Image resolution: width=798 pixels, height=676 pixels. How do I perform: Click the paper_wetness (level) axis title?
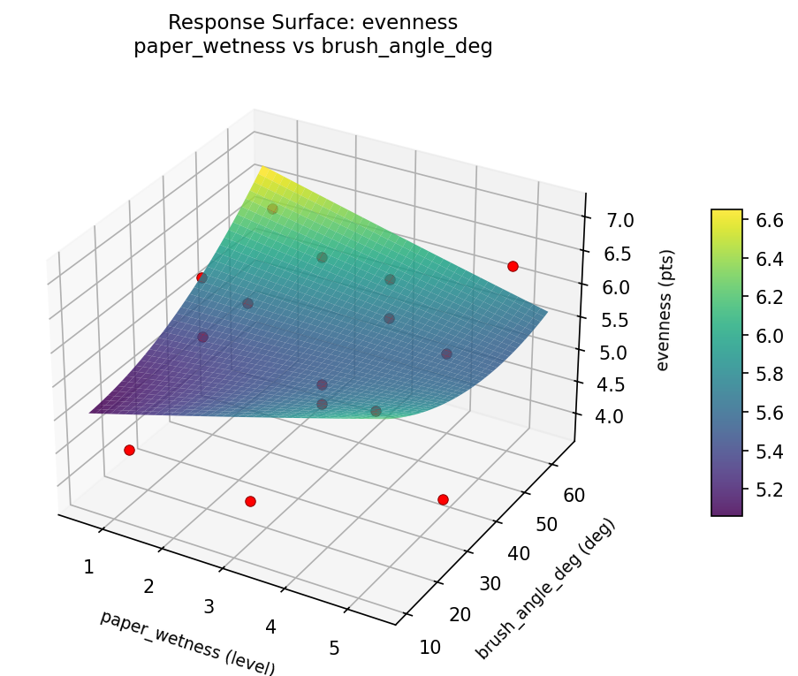pyautogui.click(x=187, y=642)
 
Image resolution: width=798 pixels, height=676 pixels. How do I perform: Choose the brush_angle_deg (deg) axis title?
pyautogui.click(x=545, y=589)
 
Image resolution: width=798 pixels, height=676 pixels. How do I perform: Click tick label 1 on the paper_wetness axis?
pyautogui.click(x=88, y=566)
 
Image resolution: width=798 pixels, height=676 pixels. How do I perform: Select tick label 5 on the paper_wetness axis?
pyautogui.click(x=334, y=648)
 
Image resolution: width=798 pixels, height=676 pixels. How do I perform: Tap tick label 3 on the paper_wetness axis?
pyautogui.click(x=209, y=606)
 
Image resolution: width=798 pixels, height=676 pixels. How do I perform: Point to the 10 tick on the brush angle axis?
pyautogui.click(x=429, y=648)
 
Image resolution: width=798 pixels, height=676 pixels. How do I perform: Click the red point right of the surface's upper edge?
pyautogui.click(x=513, y=266)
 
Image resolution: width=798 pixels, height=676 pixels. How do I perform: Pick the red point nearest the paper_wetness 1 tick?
pyautogui.click(x=129, y=450)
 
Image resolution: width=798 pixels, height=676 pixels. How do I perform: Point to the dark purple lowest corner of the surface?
pyautogui.click(x=93, y=411)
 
